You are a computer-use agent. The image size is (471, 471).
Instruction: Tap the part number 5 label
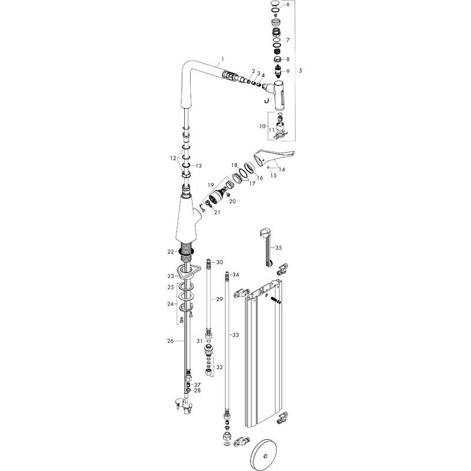pos(301,71)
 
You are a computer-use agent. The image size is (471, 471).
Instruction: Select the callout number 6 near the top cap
pos(288,5)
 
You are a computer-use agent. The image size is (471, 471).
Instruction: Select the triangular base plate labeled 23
pos(189,271)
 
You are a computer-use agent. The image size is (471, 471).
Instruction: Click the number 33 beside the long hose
pos(235,335)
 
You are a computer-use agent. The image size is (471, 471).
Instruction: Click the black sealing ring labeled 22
pos(188,251)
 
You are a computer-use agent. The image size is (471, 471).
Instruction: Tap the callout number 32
pos(220,367)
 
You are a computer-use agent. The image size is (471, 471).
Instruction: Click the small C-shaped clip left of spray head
pos(267,103)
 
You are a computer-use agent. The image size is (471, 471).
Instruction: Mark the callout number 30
pos(219,262)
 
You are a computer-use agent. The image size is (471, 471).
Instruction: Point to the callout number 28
pos(197,390)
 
